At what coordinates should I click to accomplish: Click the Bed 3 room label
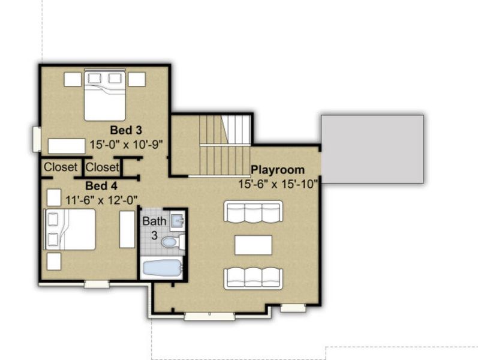click(x=125, y=130)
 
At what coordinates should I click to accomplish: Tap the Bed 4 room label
click(x=101, y=185)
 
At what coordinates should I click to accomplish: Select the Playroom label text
click(x=278, y=170)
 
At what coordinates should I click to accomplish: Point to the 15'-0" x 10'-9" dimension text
click(x=127, y=145)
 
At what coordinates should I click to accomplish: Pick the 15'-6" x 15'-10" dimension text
click(x=278, y=184)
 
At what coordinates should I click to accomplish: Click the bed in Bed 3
click(x=104, y=95)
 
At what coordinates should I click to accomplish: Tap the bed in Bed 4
click(x=70, y=229)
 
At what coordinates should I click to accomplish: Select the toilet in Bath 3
click(x=171, y=242)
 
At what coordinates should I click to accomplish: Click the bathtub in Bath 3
click(x=161, y=268)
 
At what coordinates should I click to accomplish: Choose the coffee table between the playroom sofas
click(x=253, y=245)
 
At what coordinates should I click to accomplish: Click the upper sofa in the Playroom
click(x=253, y=211)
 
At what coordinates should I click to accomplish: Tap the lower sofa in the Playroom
click(x=253, y=278)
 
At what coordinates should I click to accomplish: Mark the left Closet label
click(x=60, y=167)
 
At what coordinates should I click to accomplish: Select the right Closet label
click(x=102, y=167)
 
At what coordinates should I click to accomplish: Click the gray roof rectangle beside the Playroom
click(x=372, y=149)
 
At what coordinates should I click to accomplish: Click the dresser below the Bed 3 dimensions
click(x=66, y=146)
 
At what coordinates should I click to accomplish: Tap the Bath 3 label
click(x=154, y=228)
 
